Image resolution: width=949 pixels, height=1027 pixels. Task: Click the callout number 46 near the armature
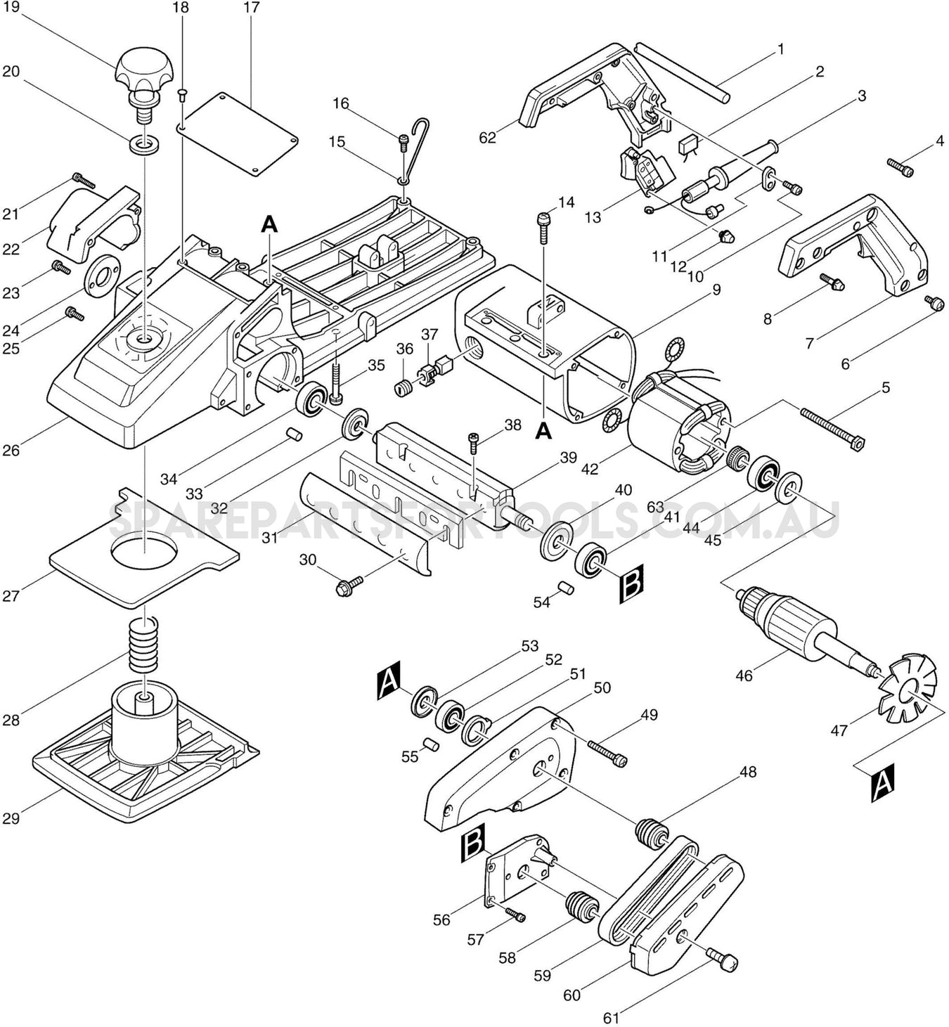(x=744, y=676)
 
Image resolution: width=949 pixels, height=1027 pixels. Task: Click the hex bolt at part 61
(x=722, y=958)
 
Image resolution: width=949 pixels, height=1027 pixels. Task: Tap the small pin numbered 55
(x=431, y=743)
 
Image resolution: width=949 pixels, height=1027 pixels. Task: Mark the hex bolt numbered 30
(x=349, y=583)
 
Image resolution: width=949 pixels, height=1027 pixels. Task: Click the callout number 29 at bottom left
(x=11, y=818)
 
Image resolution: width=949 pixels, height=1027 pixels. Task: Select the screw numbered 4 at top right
(x=900, y=167)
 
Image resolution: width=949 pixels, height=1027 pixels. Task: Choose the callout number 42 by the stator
(x=590, y=468)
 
